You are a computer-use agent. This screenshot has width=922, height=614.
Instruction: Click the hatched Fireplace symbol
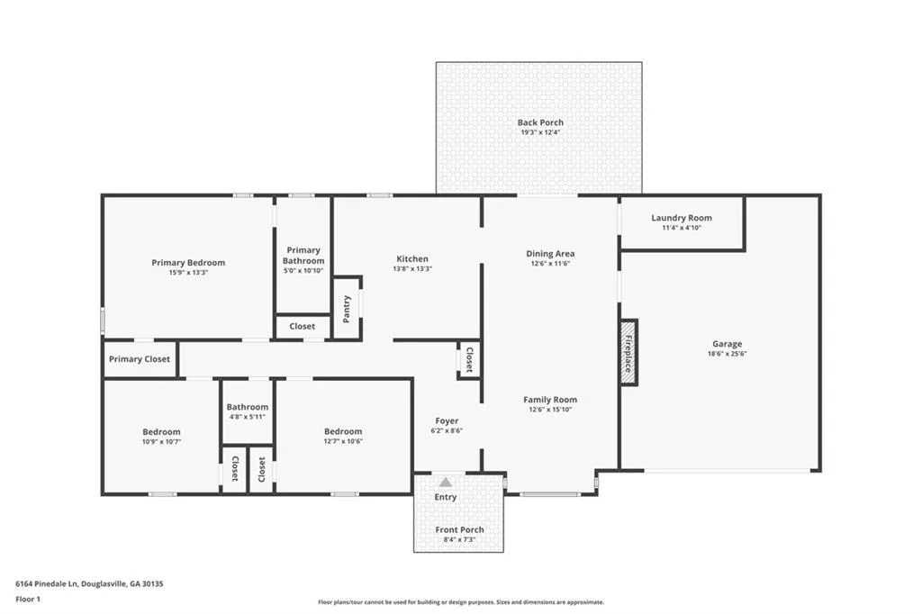628,353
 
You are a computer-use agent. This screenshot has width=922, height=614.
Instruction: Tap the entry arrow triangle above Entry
446,483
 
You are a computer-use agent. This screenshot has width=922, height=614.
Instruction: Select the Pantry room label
347,309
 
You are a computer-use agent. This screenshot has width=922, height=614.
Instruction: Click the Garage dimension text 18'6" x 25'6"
728,354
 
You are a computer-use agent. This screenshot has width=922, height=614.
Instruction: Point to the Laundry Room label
682,218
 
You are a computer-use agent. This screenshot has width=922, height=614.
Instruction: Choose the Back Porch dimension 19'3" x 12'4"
540,132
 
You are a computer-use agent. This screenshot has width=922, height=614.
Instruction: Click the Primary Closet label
140,359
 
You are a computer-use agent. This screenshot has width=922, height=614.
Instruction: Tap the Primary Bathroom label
303,256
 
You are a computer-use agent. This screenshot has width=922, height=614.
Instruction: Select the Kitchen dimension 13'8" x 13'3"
412,269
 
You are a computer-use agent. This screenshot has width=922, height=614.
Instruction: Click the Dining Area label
550,254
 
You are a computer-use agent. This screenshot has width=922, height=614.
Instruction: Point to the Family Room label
550,400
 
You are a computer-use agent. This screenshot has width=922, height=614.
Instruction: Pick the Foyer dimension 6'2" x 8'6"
447,430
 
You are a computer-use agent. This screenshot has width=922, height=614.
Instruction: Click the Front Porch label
460,530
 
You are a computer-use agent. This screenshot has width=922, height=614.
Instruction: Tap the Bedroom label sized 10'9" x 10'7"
162,431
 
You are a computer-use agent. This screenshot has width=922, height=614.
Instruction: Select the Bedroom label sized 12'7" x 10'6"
343,431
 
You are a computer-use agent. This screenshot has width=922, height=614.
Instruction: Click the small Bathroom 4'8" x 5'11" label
248,407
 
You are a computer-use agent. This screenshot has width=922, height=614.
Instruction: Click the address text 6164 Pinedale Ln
47,584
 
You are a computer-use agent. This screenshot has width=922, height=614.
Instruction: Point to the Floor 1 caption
28,600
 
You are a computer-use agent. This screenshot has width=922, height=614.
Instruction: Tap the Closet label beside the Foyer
470,360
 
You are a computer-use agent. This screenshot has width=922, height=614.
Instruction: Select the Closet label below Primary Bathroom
303,327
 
